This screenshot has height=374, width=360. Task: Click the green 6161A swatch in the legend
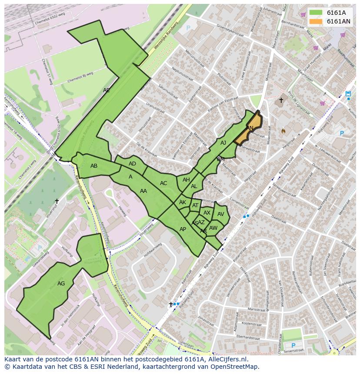click(x=316, y=13)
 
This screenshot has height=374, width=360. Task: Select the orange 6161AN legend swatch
click(x=316, y=21)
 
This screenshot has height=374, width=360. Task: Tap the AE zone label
click(x=107, y=90)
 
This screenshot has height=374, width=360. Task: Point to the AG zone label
click(x=61, y=284)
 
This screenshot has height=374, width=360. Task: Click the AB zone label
click(x=94, y=166)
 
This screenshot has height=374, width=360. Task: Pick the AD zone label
click(x=132, y=164)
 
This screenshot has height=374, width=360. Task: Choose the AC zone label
click(x=163, y=183)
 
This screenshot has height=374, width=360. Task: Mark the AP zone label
click(x=183, y=229)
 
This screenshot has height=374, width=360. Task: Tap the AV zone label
click(x=220, y=214)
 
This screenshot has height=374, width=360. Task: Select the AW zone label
click(x=213, y=228)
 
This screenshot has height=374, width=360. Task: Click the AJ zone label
click(x=223, y=143)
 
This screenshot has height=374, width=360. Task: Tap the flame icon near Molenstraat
click(x=283, y=130)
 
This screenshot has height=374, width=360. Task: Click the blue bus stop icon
click(x=348, y=94)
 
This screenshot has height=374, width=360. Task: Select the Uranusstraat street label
click(x=154, y=107)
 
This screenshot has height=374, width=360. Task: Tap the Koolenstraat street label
click(x=252, y=324)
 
